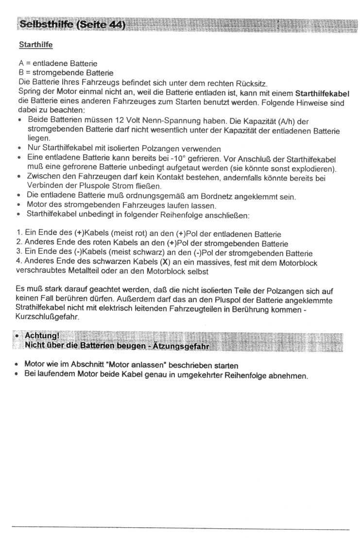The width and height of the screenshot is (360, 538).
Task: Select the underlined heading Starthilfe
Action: (35, 45)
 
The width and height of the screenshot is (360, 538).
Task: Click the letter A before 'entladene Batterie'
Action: (21, 64)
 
